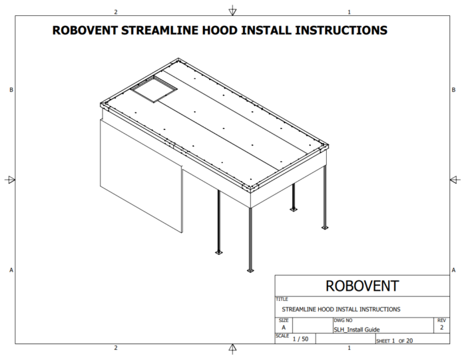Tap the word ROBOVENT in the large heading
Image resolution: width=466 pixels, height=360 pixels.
pos(85,31)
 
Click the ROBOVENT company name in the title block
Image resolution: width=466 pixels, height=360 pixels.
pos(362,286)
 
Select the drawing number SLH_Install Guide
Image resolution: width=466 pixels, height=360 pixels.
pos(357,329)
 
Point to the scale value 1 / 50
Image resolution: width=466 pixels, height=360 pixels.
pos(300,339)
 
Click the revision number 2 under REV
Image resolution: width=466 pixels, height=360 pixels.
pos(441,327)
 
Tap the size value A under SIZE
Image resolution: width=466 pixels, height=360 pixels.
pos(284,327)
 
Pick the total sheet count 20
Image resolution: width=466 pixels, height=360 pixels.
pos(409,341)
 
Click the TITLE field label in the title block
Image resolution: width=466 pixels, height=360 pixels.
pos(282,299)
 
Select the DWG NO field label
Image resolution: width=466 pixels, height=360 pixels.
pos(343,321)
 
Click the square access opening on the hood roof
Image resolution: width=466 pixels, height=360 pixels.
pos(154,89)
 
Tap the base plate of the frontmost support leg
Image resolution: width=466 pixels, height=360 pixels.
pos(250,270)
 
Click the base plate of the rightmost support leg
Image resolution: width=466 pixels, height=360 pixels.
pos(325,228)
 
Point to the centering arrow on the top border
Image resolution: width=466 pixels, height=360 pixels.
pos(232,11)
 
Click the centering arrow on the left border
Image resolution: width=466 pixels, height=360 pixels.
pos(10,180)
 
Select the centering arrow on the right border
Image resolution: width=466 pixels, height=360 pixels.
pos(455,180)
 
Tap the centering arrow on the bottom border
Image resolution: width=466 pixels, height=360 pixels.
pos(232,349)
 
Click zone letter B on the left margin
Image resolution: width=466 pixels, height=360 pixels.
pos(11,90)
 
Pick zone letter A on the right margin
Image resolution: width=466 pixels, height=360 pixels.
pos(453,270)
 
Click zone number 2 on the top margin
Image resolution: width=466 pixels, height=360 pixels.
pos(116,12)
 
